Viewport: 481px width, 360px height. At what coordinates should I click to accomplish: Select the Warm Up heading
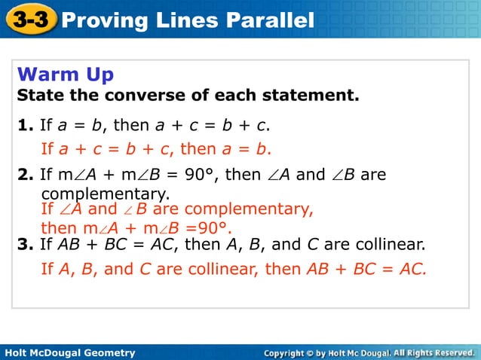tap(65, 75)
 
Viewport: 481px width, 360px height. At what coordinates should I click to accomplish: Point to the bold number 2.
tap(23, 175)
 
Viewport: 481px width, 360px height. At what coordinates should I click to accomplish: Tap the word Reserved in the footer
tap(448, 352)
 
